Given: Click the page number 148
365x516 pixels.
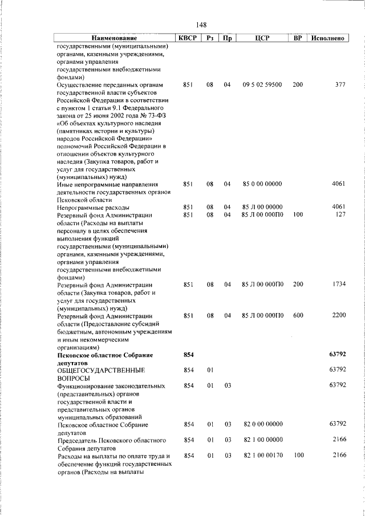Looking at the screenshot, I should tap(200, 25).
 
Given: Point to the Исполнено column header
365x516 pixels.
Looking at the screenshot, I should tap(328, 39).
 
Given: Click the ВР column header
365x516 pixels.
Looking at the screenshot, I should tap(297, 39).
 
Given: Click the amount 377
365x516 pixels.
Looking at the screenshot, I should tap(340, 84).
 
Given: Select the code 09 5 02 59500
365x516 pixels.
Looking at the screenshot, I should tap(262, 84).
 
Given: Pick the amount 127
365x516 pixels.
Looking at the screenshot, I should tap(340, 215).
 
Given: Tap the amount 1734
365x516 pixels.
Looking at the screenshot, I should tap(339, 283).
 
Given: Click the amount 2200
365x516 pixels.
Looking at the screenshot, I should tap(339, 315).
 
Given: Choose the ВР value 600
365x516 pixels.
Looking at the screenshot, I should tap(298, 315).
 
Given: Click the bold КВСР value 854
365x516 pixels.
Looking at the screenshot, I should tap(189, 355).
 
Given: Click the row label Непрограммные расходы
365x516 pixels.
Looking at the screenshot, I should tap(94, 207).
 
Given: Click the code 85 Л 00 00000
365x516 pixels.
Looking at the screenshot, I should tap(262, 207).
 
